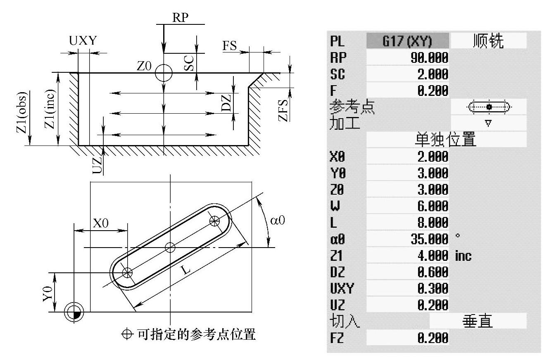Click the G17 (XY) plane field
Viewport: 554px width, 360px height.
tap(407, 41)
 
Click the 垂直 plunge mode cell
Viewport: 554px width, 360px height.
tap(478, 321)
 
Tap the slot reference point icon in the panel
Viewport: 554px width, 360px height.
tap(489, 107)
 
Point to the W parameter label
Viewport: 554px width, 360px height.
tap(335, 206)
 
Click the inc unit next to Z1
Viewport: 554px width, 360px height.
tap(463, 255)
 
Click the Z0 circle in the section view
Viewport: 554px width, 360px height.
tap(164, 73)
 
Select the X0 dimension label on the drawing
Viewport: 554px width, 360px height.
tap(100, 224)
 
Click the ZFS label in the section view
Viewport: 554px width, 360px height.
tap(283, 111)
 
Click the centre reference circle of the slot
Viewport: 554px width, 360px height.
tap(170, 248)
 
